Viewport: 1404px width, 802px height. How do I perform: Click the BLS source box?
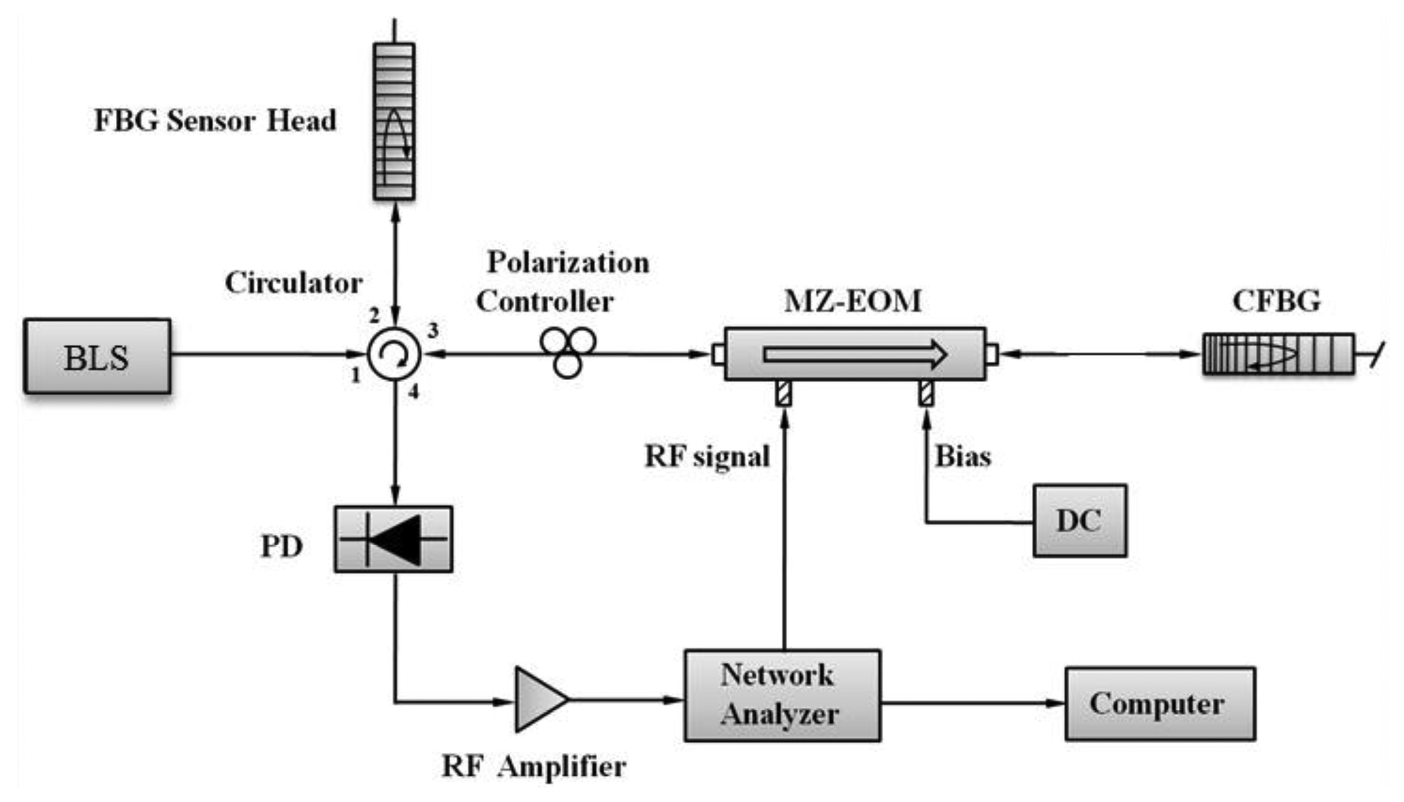click(x=97, y=356)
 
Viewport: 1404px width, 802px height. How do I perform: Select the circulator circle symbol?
click(x=394, y=355)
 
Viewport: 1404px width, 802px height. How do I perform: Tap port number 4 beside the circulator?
click(x=413, y=392)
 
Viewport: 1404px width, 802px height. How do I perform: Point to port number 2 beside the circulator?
click(x=374, y=315)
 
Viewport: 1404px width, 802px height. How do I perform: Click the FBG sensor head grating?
click(x=394, y=121)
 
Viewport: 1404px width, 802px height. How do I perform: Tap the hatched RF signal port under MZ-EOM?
click(x=784, y=394)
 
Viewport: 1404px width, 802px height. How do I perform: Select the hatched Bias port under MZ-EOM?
click(x=926, y=394)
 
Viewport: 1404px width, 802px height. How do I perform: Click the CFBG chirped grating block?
click(x=1278, y=355)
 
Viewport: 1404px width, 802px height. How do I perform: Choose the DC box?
click(x=1080, y=521)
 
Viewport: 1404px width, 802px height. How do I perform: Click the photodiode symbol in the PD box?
click(x=394, y=539)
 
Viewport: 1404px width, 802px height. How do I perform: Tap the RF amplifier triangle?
click(x=538, y=699)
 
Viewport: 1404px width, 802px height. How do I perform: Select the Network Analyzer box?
click(x=782, y=695)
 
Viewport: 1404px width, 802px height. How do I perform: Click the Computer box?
click(x=1160, y=704)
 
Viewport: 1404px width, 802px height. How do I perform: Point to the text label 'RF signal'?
click(x=707, y=456)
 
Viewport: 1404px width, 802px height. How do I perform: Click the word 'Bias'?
click(x=963, y=456)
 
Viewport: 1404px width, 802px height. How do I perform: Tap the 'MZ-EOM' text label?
click(x=852, y=301)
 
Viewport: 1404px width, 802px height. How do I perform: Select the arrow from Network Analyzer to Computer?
click(x=973, y=703)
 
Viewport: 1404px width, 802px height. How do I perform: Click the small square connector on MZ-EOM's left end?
click(x=718, y=354)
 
